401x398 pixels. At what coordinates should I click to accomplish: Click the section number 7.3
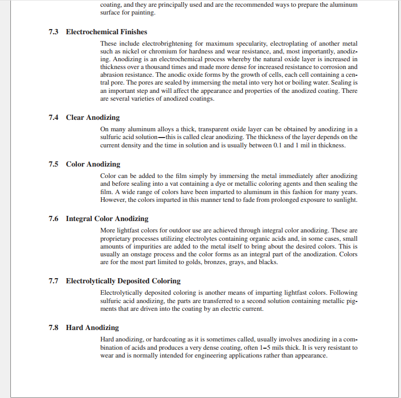coord(53,32)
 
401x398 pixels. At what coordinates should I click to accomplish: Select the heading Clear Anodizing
coord(93,118)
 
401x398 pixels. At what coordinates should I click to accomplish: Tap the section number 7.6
coord(53,219)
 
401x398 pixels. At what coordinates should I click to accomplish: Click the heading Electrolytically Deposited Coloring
coord(123,281)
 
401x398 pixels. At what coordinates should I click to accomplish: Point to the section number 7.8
coord(53,328)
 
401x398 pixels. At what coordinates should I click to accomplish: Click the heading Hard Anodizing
coord(92,328)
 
